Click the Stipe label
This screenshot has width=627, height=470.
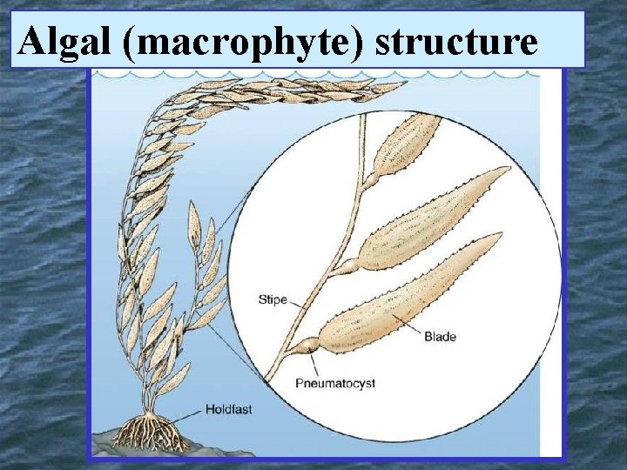(273, 300)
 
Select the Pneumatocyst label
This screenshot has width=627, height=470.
(334, 383)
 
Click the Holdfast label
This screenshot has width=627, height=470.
(227, 407)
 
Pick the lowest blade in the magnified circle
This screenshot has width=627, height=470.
(409, 296)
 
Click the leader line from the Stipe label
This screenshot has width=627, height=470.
(300, 305)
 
